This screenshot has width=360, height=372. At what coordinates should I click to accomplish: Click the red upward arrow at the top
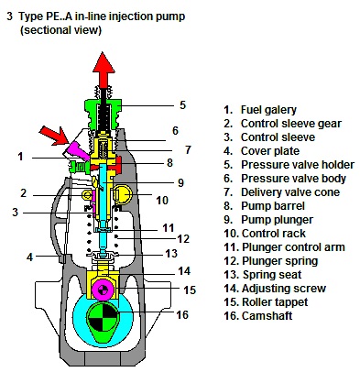pyautogui.click(x=104, y=69)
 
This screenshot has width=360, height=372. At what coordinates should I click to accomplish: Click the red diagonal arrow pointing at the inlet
pyautogui.click(x=56, y=135)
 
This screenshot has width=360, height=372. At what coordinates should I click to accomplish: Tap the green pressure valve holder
pyautogui.click(x=104, y=115)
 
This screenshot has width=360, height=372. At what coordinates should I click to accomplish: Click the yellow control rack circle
pyautogui.click(x=123, y=194)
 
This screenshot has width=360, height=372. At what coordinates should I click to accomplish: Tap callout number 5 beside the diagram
pyautogui.click(x=182, y=105)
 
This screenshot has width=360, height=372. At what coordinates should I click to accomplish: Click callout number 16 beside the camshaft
pyautogui.click(x=182, y=314)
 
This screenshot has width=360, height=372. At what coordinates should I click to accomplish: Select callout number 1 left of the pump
pyautogui.click(x=20, y=157)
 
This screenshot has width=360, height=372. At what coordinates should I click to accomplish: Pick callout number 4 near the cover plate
pyautogui.click(x=29, y=257)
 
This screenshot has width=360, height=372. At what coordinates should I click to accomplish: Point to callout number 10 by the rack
pyautogui.click(x=162, y=201)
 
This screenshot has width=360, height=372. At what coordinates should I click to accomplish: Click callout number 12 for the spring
pyautogui.click(x=183, y=238)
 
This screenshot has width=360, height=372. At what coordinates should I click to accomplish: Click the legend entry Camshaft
pyautogui.click(x=267, y=315)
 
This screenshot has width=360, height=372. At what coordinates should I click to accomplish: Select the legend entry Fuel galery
pyautogui.click(x=268, y=110)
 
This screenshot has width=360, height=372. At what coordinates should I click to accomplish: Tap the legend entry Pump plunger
pyautogui.click(x=277, y=220)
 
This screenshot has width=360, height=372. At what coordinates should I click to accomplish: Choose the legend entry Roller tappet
pyautogui.click(x=275, y=302)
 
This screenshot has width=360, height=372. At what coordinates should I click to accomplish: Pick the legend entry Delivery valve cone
pyautogui.click(x=290, y=192)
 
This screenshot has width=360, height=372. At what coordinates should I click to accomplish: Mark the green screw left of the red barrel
pyautogui.click(x=79, y=167)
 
